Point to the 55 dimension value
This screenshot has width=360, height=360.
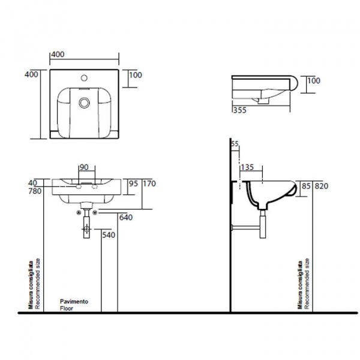[235, 145]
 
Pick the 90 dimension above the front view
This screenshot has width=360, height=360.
[85, 167]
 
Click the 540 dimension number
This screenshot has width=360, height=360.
[109, 235]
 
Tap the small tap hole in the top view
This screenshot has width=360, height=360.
[85, 78]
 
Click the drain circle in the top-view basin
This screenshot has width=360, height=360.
[84, 103]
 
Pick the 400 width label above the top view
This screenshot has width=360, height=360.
[58, 55]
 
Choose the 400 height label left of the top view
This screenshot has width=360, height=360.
[31, 74]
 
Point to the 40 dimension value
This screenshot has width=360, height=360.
[32, 184]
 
